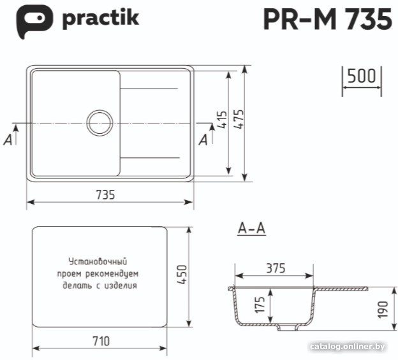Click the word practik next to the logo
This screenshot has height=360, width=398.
(x=101, y=18)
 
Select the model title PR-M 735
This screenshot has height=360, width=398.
(x=328, y=19)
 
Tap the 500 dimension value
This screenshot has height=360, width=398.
(x=361, y=76)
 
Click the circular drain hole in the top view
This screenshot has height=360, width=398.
(x=99, y=123)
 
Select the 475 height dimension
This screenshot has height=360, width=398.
(x=239, y=119)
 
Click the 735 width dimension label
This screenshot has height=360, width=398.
(x=106, y=195)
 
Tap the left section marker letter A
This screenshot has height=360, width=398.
(x=8, y=140)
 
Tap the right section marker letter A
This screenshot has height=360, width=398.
(x=203, y=140)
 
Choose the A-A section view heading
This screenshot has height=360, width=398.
(x=251, y=228)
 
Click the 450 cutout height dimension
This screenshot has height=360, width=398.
(x=182, y=275)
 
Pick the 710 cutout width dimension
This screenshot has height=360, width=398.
(x=101, y=341)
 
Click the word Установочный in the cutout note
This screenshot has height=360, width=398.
(x=98, y=261)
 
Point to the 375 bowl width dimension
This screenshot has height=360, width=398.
(x=276, y=268)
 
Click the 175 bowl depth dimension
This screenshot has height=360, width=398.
(x=260, y=305)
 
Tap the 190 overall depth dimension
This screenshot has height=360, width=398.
(x=383, y=309)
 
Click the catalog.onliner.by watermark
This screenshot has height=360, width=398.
(x=347, y=347)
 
